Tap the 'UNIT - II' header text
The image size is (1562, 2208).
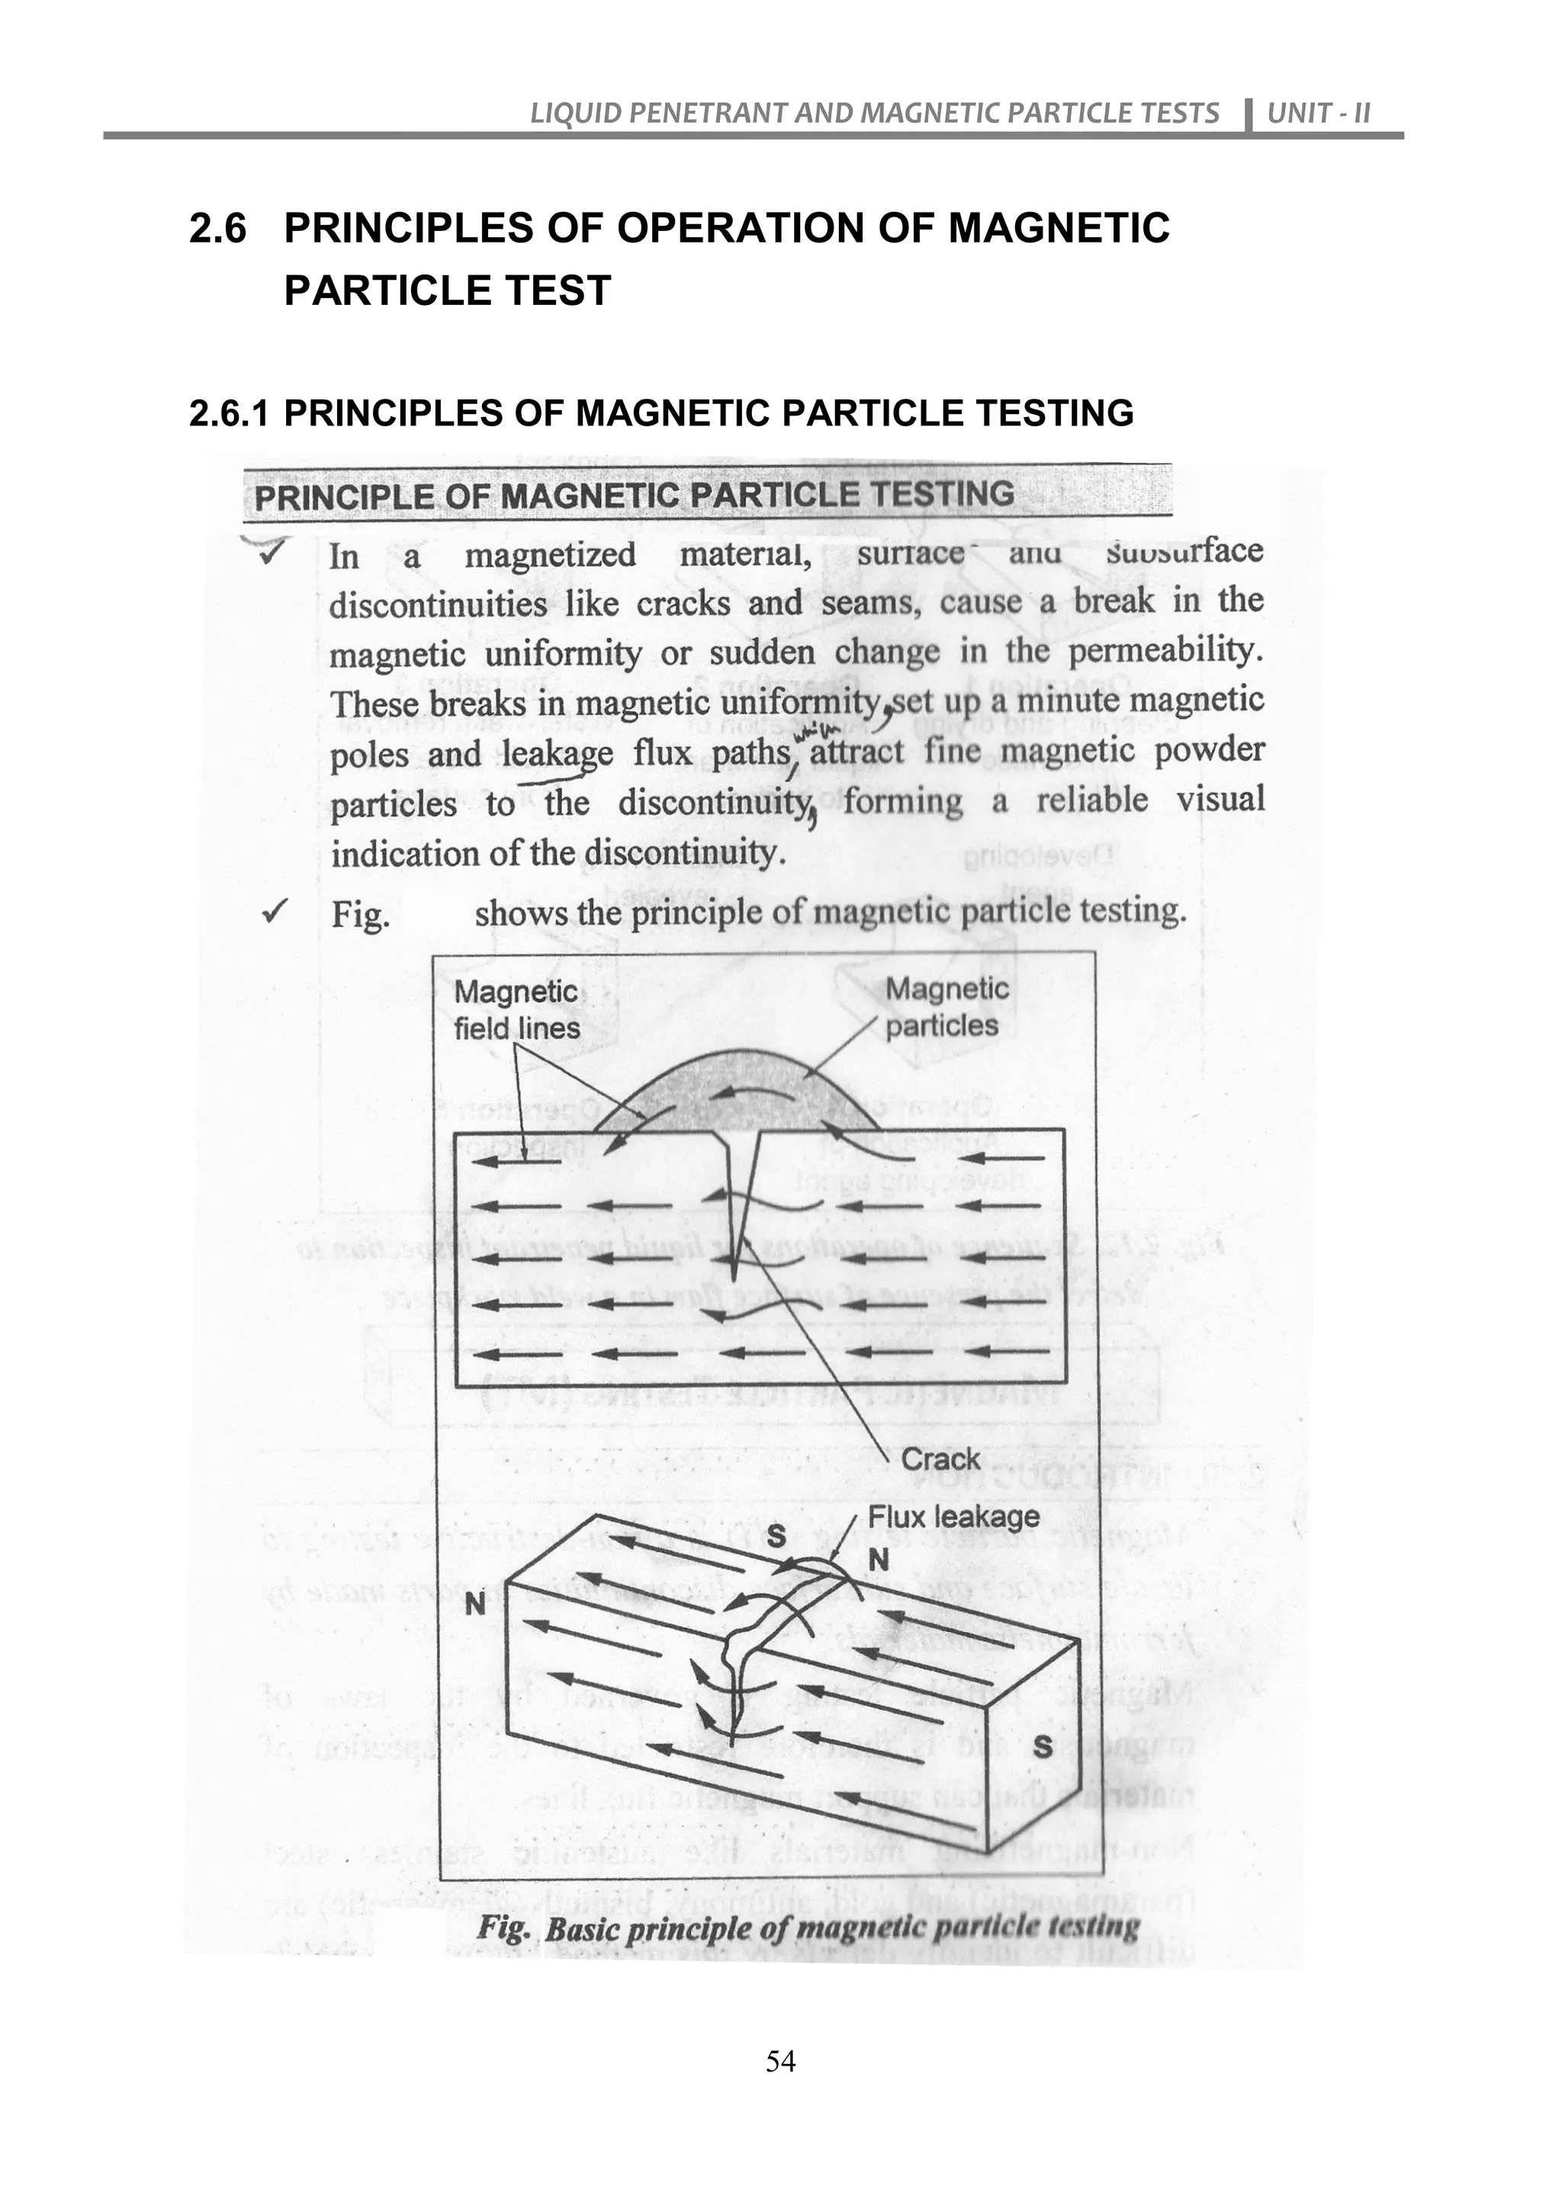(1318, 114)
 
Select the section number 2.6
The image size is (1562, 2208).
(217, 229)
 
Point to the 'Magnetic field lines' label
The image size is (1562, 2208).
(516, 1009)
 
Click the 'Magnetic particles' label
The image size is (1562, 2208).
(946, 1007)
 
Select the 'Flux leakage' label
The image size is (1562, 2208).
(953, 1516)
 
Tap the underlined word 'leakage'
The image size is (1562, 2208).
(557, 754)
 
